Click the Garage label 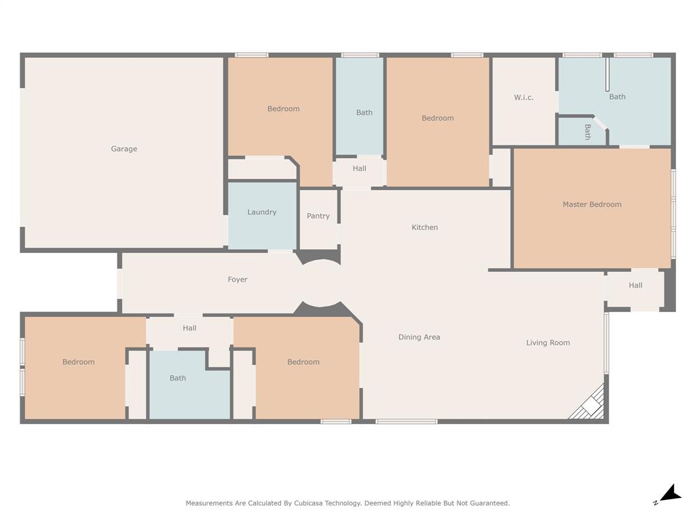(x=124, y=149)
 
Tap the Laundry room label (x=262, y=212)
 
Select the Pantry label (x=318, y=216)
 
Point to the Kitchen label (x=425, y=227)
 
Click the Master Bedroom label (x=592, y=204)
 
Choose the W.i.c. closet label (x=524, y=98)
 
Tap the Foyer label (x=238, y=279)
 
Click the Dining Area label (x=419, y=337)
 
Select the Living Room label (x=548, y=343)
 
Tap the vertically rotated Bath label (x=588, y=132)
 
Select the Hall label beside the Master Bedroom (x=635, y=286)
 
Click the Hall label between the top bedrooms (x=360, y=168)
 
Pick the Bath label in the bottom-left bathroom (x=178, y=378)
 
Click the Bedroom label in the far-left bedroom (x=79, y=362)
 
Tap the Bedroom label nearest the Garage (x=283, y=109)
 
